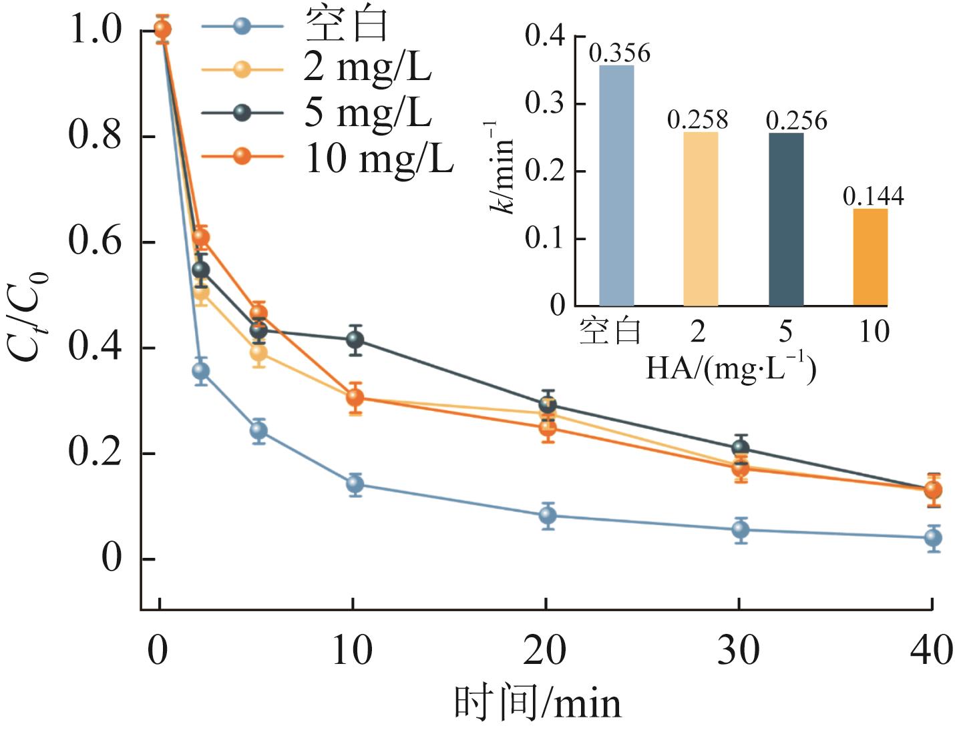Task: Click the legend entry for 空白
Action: click(x=346, y=25)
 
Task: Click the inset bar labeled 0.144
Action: click(x=870, y=257)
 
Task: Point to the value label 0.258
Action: click(x=697, y=120)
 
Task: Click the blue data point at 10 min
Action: click(x=355, y=484)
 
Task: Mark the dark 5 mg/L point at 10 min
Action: click(x=355, y=340)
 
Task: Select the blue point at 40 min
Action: click(x=933, y=538)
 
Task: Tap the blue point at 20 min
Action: click(x=548, y=515)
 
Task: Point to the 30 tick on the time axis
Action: click(x=739, y=650)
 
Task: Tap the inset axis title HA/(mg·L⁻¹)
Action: click(x=731, y=368)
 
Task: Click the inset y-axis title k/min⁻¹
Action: click(x=502, y=167)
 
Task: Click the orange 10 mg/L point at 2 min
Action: click(x=201, y=237)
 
